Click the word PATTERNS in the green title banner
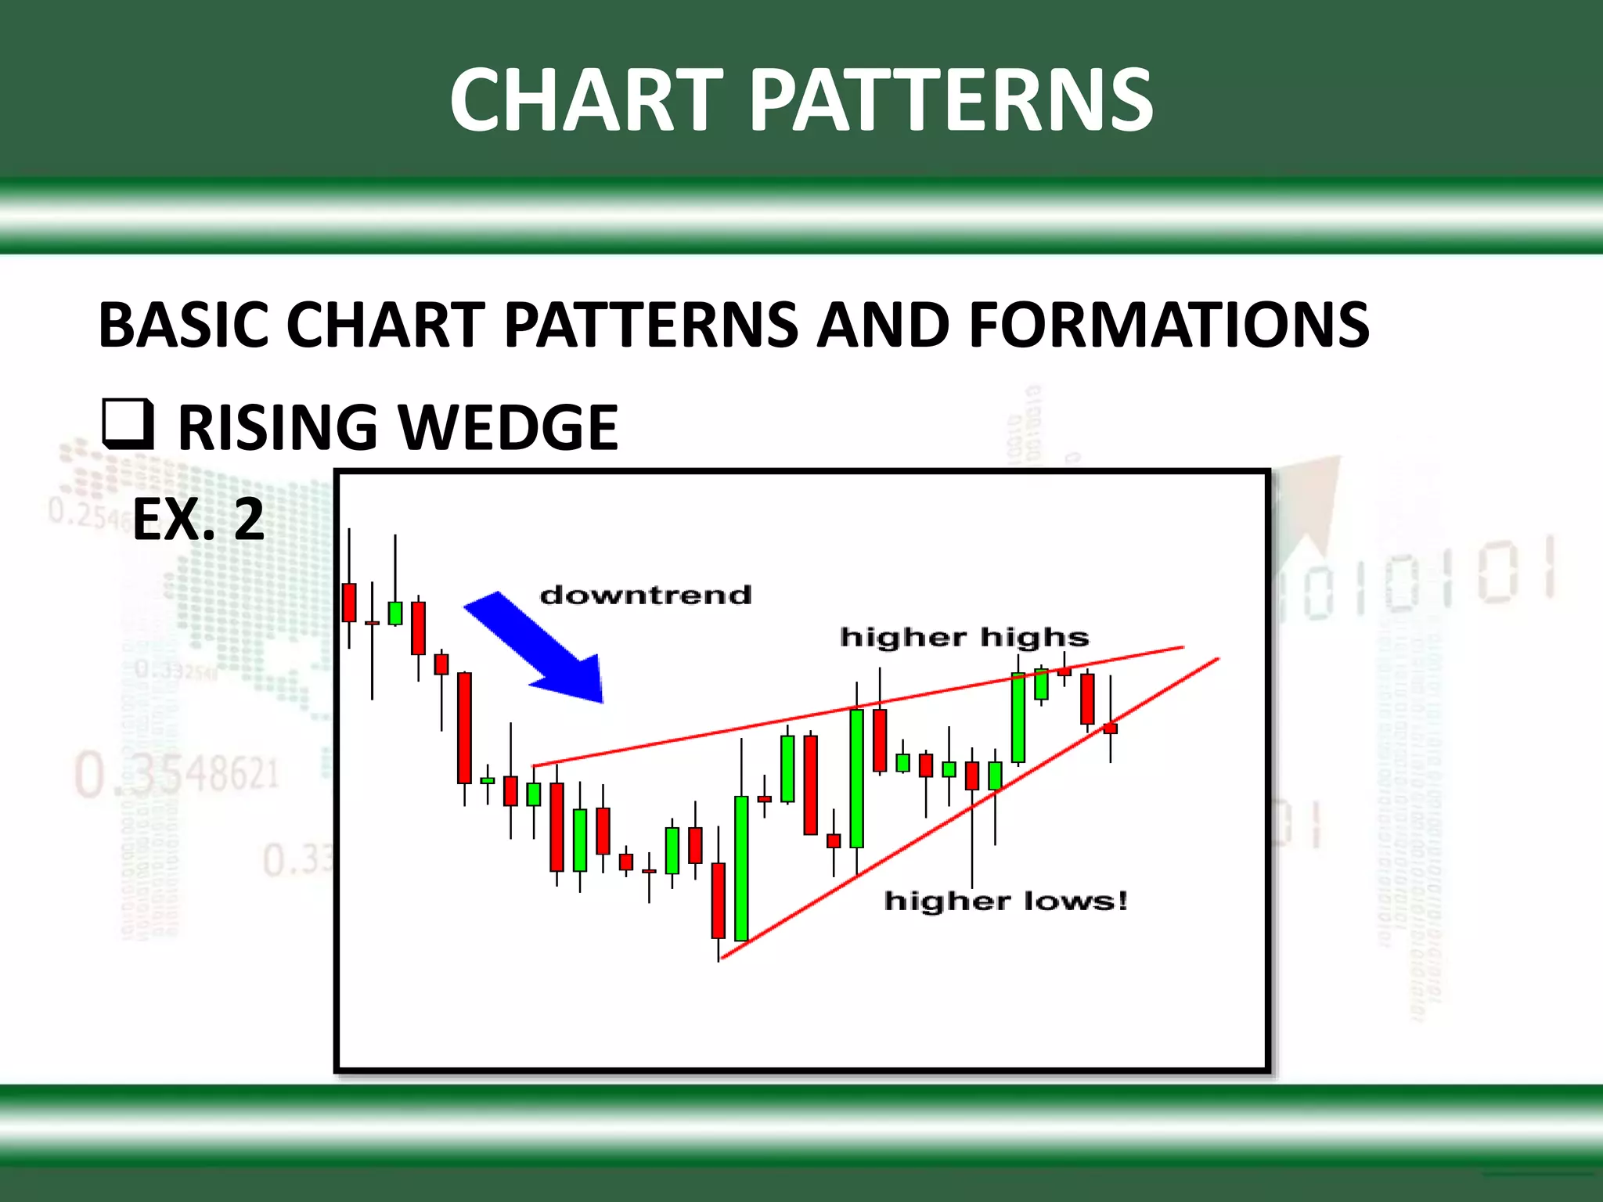pyautogui.click(x=952, y=99)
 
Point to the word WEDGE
pyautogui.click(x=509, y=428)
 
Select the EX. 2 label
pyautogui.click(x=198, y=520)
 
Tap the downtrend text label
pyautogui.click(x=646, y=595)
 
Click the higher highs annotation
pyautogui.click(x=964, y=637)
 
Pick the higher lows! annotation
pyautogui.click(x=1006, y=901)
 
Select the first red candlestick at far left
pyautogui.click(x=349, y=603)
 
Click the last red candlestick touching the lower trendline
pyautogui.click(x=1110, y=729)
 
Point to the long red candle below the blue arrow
pyautogui.click(x=464, y=728)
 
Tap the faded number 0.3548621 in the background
pyautogui.click(x=177, y=775)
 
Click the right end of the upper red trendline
pyautogui.click(x=1182, y=647)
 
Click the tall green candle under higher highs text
pyautogui.click(x=1018, y=717)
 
